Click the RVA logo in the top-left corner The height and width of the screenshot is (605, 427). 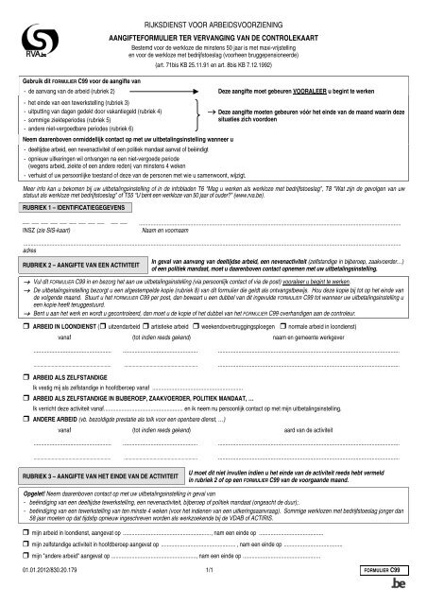[38, 40]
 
